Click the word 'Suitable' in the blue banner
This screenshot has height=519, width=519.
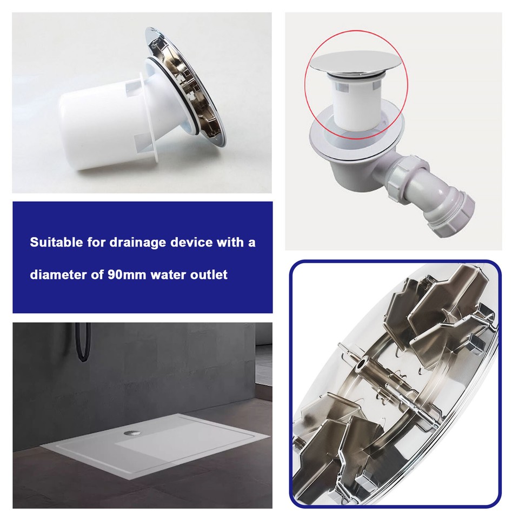(53, 242)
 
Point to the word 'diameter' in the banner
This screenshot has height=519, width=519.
(54, 275)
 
